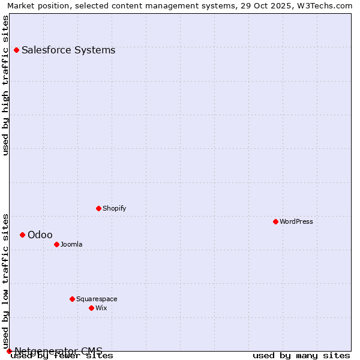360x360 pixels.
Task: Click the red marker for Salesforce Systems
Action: tap(16, 50)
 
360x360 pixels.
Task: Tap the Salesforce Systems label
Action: tap(68, 50)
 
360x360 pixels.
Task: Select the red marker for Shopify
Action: tap(99, 208)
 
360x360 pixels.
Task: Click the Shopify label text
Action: tap(114, 208)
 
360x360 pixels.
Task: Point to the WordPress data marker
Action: tap(276, 221)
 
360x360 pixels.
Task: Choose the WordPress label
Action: tap(296, 221)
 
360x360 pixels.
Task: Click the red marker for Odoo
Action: tap(22, 235)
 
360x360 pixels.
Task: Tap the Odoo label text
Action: tap(40, 235)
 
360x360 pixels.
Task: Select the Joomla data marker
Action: tap(56, 244)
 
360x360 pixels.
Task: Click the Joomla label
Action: tap(71, 244)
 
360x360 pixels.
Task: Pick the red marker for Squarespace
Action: tap(72, 299)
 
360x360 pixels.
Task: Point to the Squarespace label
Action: tap(97, 299)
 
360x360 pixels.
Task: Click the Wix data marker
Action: tap(91, 308)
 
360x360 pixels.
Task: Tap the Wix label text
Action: tap(101, 308)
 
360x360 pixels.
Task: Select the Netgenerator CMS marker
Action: tap(9, 351)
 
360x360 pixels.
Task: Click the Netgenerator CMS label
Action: tap(58, 351)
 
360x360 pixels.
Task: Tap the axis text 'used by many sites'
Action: tap(301, 356)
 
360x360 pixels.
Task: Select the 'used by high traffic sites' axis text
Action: tap(6, 85)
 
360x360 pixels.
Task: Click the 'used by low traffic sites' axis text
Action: tap(6, 281)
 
